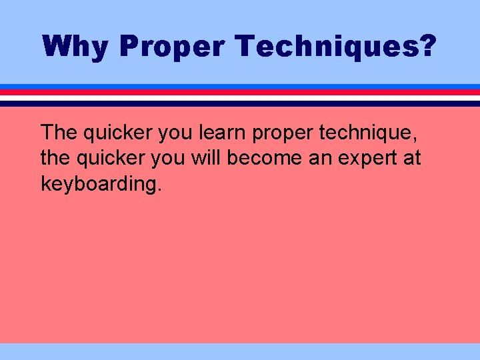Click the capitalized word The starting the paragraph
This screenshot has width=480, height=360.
[59, 133]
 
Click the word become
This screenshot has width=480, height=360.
[261, 158]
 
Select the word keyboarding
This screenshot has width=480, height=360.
[101, 183]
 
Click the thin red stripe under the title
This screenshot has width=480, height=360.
[240, 92]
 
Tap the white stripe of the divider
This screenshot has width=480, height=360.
[240, 97]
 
